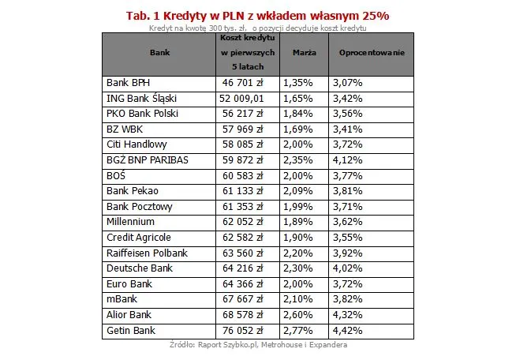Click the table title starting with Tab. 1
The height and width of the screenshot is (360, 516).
click(x=257, y=15)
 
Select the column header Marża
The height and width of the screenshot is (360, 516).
click(x=305, y=52)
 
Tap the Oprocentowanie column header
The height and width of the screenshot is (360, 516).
click(x=371, y=52)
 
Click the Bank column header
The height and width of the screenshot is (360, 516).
click(x=159, y=52)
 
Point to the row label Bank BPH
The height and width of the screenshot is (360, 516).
click(x=128, y=82)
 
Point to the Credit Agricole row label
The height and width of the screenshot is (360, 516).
click(x=138, y=237)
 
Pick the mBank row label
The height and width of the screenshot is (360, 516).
click(x=122, y=299)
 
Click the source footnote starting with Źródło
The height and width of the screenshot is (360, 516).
click(x=258, y=345)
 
